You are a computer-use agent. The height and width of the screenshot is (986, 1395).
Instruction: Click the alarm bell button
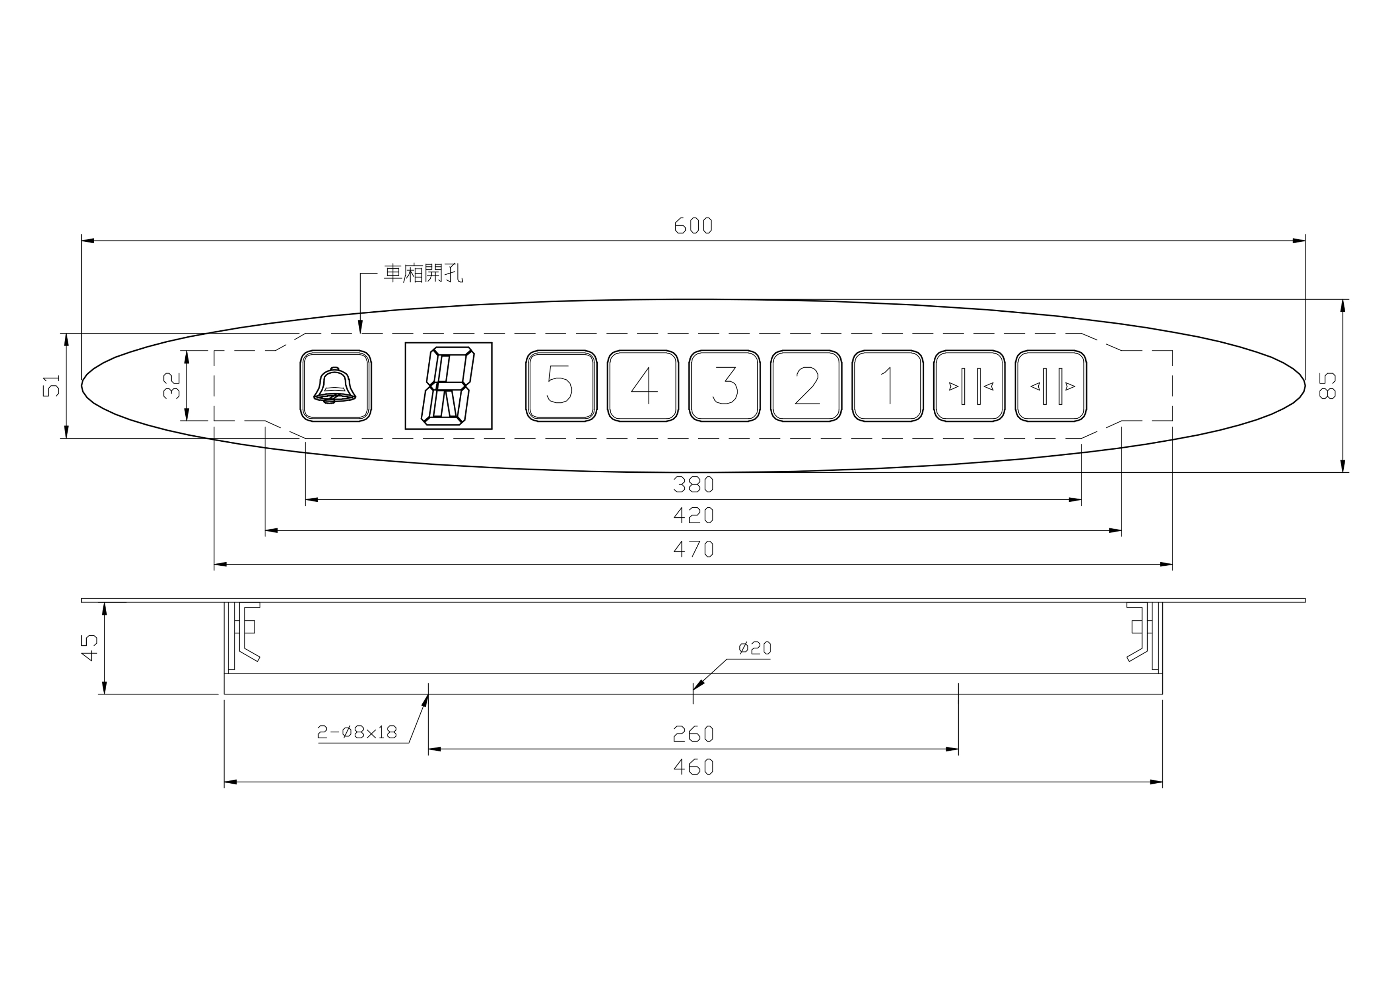click(336, 386)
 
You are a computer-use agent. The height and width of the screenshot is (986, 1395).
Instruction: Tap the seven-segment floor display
click(449, 386)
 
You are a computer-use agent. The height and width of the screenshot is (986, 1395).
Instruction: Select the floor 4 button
click(643, 386)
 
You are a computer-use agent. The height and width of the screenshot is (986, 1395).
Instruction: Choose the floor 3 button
click(724, 386)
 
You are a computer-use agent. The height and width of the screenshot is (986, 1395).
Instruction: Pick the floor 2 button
click(806, 386)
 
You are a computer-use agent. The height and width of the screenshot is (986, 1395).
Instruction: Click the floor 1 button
click(888, 386)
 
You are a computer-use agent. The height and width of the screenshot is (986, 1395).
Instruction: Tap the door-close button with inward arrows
click(970, 386)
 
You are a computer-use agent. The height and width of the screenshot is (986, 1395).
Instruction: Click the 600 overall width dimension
click(693, 226)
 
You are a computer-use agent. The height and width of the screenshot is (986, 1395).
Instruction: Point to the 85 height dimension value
click(1328, 386)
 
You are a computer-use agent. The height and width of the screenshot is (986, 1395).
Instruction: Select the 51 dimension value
click(52, 386)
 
